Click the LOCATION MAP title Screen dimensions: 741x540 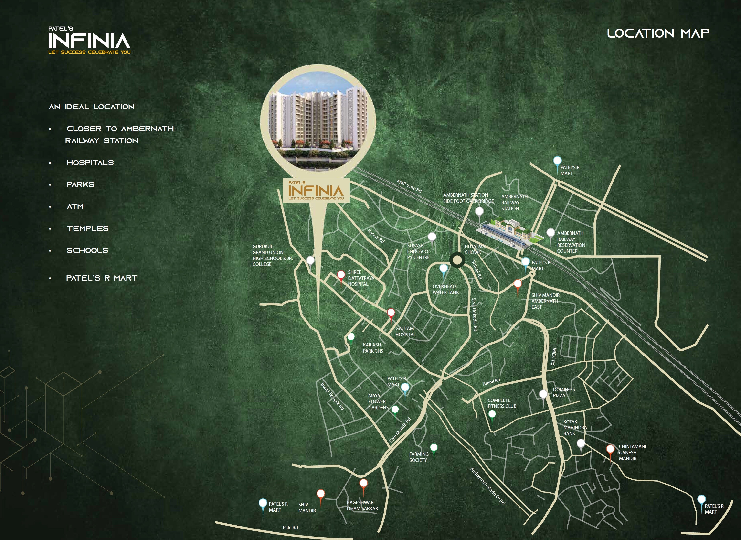tap(658, 33)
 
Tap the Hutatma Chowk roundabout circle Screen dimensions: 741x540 tap(457, 260)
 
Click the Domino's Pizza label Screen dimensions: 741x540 tap(564, 392)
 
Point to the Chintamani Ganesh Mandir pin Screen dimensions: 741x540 tap(610, 449)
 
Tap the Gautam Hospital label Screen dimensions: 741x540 tap(405, 332)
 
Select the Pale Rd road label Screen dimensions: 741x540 tap(290, 527)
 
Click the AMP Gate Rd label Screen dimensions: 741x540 tap(409, 186)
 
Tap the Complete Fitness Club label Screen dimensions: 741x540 tap(502, 403)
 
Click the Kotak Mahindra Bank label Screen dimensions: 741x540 tap(575, 428)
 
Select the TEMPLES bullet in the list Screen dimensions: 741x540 tap(88, 228)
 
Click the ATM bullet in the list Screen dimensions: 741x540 tap(75, 206)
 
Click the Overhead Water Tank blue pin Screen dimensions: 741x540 tap(443, 269)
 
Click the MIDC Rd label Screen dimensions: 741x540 tap(553, 356)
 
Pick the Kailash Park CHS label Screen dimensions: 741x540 tap(373, 348)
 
